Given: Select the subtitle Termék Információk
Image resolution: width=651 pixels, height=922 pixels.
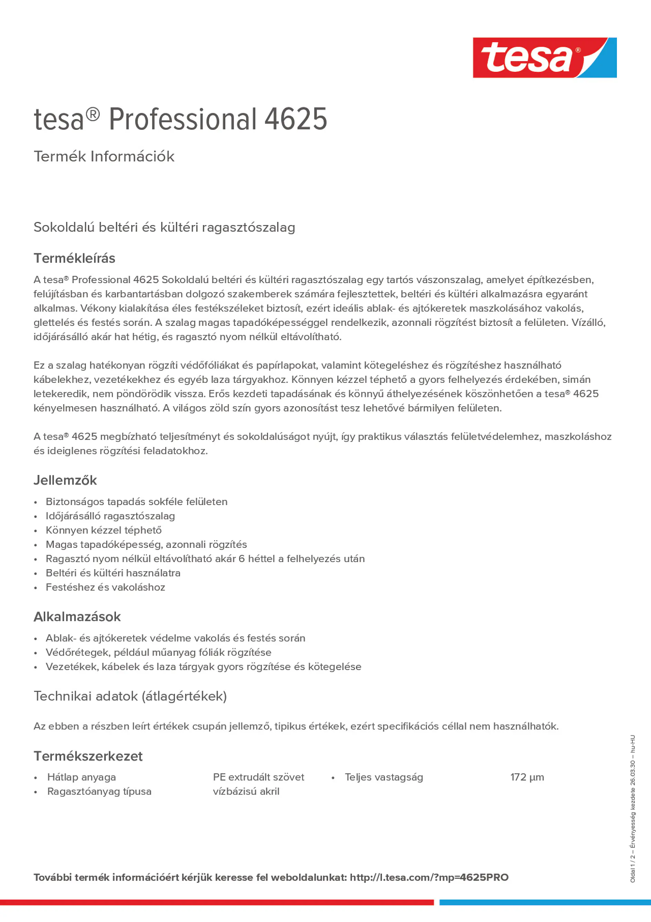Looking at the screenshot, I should (104, 156).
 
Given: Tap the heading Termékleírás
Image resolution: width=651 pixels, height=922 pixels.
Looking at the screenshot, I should (74, 258).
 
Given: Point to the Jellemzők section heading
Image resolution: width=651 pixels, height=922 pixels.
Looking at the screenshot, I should (65, 480).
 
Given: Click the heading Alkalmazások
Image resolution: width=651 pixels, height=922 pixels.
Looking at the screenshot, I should (77, 617).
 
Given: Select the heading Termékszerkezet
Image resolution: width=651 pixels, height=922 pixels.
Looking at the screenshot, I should (88, 756).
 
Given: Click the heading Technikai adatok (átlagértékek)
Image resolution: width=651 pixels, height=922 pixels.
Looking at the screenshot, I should (130, 696).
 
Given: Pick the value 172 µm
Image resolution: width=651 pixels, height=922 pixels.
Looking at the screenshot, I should (527, 777).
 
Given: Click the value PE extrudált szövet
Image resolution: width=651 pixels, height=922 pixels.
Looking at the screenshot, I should (258, 777).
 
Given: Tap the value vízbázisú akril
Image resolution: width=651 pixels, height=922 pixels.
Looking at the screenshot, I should (246, 792).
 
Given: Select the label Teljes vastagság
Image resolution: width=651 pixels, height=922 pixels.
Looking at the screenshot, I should (384, 777).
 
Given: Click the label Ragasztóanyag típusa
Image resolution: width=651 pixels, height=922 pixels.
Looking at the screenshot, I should (99, 792).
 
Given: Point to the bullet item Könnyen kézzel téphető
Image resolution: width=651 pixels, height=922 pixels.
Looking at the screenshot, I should (103, 530).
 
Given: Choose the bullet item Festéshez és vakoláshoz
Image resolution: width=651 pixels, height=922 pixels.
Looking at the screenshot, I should (105, 587).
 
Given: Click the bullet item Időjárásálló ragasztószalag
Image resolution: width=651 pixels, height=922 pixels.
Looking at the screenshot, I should (110, 516).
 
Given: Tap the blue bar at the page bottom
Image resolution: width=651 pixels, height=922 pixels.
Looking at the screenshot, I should (545, 902).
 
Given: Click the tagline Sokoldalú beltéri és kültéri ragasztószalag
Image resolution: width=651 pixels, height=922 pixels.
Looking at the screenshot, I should (164, 227).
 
